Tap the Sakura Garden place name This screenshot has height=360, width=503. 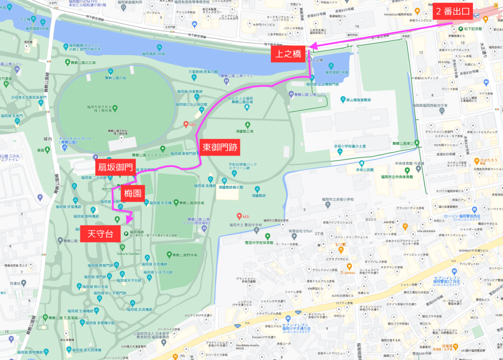[x=128, y=253]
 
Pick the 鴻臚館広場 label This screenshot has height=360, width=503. [x=247, y=131]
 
